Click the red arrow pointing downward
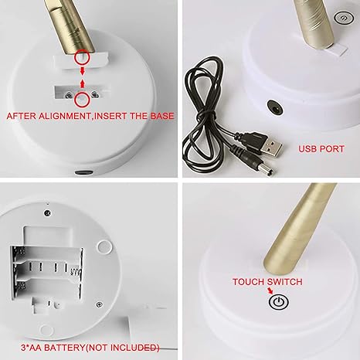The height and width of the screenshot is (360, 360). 83,71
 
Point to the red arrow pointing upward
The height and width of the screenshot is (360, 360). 83,83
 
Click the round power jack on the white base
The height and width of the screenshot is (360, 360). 275,107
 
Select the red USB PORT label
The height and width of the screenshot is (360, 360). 321,149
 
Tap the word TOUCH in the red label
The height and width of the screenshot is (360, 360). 249,282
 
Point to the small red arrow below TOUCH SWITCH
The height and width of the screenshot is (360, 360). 270,291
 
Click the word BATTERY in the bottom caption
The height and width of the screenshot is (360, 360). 64,348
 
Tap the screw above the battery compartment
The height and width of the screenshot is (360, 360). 48,213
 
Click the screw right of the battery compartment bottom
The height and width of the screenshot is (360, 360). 99,304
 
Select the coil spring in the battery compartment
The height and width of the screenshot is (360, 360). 76,273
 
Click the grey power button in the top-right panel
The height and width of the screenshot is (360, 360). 344,18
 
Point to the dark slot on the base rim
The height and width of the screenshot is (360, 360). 83,172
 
